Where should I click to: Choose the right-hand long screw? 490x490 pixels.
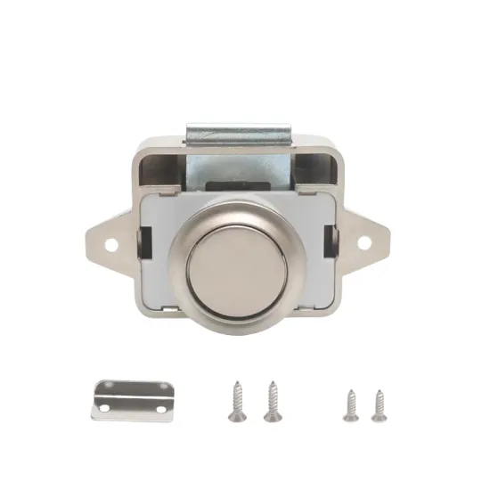pos(271,401)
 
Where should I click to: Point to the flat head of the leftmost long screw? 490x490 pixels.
pos(238,385)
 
